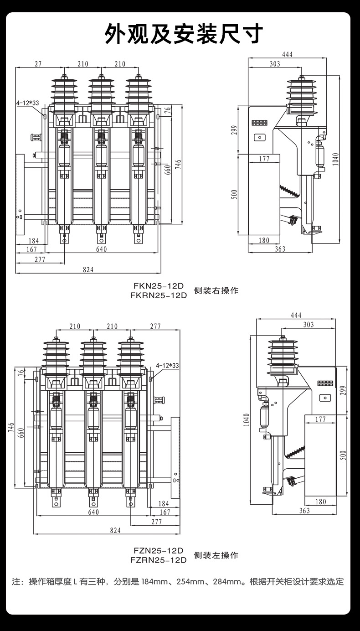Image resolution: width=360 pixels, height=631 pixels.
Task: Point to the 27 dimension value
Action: pos(38,64)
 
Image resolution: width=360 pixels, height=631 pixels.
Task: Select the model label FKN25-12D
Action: pos(158,286)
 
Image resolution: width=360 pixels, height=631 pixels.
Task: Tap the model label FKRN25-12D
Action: pos(158,295)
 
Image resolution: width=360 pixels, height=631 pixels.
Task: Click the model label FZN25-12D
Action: pos(158,550)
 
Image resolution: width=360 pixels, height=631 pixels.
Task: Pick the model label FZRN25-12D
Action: pos(158,560)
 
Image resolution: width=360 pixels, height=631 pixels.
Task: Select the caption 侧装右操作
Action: pos(216,290)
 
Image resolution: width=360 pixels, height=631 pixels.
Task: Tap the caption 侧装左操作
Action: pos(216,555)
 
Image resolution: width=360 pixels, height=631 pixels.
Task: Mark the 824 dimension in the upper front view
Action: pos(88,269)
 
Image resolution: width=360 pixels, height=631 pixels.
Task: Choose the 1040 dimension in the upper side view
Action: pos(336,158)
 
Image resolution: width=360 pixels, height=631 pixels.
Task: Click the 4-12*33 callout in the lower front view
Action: pos(167,365)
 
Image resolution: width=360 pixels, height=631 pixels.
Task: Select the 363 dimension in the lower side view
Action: pos(304,511)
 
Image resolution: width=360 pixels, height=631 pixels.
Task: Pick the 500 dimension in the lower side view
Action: pos(343,455)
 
